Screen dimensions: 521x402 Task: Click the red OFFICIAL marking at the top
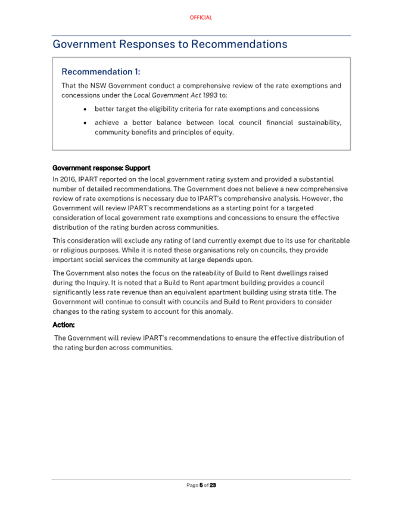click(201, 18)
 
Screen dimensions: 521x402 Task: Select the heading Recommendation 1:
click(101, 72)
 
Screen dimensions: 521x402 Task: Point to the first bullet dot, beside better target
click(86, 110)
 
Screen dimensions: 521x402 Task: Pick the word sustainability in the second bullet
click(317, 123)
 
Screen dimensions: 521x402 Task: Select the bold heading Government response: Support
click(101, 168)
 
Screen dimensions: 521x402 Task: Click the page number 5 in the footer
click(201, 485)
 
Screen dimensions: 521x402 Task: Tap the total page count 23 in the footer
click(213, 485)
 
